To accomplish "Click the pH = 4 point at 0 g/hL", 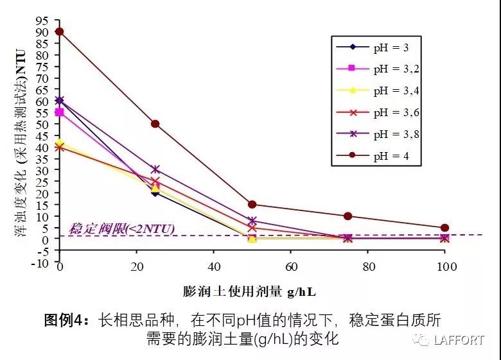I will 59,31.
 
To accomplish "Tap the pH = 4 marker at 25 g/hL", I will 155,124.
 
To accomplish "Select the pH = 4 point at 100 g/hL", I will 444,228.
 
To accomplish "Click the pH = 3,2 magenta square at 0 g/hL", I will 59,112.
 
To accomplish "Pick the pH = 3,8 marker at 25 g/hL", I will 155,169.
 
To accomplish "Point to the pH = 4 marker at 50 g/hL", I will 252,205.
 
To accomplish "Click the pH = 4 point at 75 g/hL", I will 348,216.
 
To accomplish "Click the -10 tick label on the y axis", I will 41,262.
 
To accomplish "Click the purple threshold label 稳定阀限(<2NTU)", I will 121,228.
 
